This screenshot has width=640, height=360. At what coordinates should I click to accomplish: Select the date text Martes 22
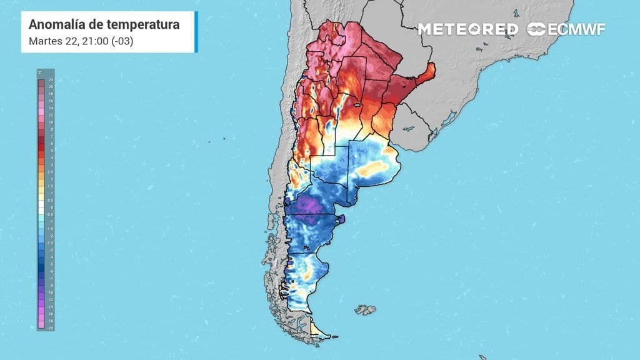(51, 41)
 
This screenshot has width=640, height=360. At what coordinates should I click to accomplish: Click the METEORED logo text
(467, 29)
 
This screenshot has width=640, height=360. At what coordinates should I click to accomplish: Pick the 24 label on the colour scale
(50, 80)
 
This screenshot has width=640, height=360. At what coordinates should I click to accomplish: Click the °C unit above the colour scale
(39, 73)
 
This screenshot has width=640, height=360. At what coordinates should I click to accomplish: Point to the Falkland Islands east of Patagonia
(366, 309)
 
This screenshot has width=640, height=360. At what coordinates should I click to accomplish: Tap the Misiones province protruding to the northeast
(425, 76)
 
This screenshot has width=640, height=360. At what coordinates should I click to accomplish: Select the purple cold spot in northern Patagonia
(308, 206)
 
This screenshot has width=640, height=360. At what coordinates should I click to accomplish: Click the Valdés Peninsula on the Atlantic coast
(341, 219)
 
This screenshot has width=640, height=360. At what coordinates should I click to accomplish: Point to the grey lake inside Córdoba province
(357, 106)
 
